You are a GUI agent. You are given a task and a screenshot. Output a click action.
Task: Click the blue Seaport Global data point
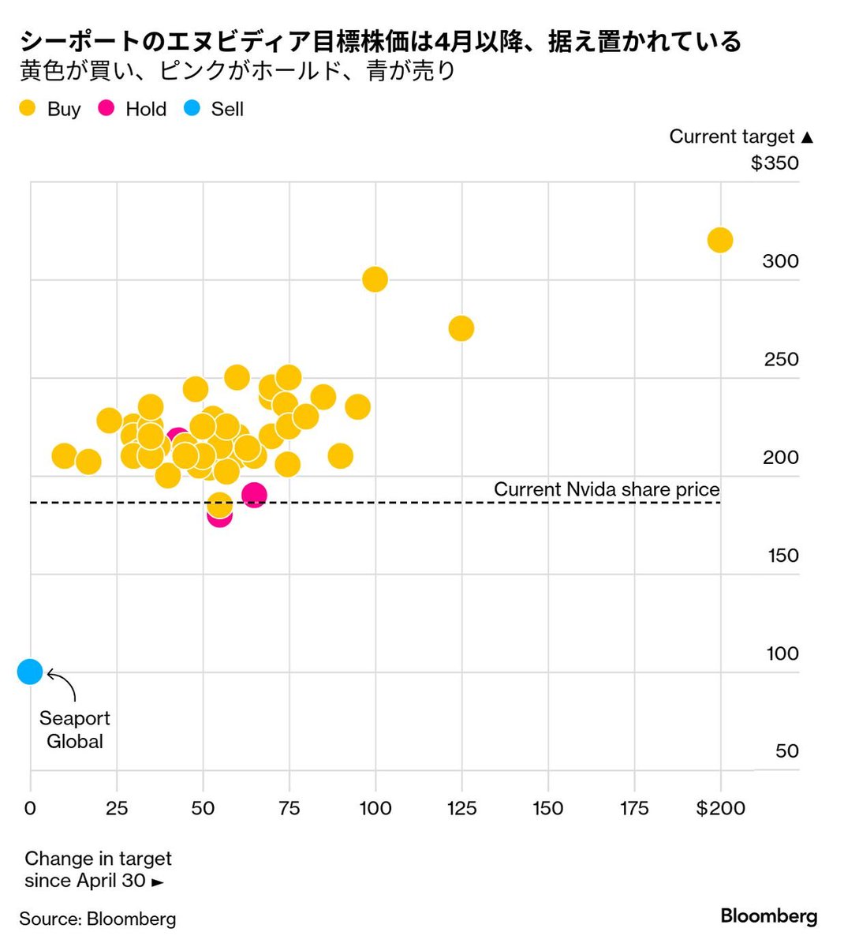29,672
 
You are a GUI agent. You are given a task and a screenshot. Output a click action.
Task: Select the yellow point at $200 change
719,240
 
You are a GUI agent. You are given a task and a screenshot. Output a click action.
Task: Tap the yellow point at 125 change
461,328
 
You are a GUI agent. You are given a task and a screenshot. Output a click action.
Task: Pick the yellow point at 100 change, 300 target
375,279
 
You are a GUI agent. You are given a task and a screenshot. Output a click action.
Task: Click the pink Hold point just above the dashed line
253,496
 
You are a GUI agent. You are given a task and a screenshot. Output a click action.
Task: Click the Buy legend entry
50,109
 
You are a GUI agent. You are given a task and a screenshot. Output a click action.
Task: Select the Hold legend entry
133,109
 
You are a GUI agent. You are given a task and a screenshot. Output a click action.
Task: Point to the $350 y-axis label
775,163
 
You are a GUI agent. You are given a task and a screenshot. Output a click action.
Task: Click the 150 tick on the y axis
782,556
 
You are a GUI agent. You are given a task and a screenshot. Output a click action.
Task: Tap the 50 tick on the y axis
786,751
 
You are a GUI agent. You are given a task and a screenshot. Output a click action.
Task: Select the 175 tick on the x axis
633,808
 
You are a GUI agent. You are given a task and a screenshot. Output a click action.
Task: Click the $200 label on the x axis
720,808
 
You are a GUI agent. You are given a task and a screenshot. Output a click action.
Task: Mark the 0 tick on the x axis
30,808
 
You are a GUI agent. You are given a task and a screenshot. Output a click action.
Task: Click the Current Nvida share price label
606,489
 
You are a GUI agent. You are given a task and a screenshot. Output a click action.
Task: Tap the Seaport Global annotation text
74,730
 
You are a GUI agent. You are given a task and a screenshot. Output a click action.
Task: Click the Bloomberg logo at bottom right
768,916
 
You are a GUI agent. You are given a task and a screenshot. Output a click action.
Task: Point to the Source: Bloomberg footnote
98,919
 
